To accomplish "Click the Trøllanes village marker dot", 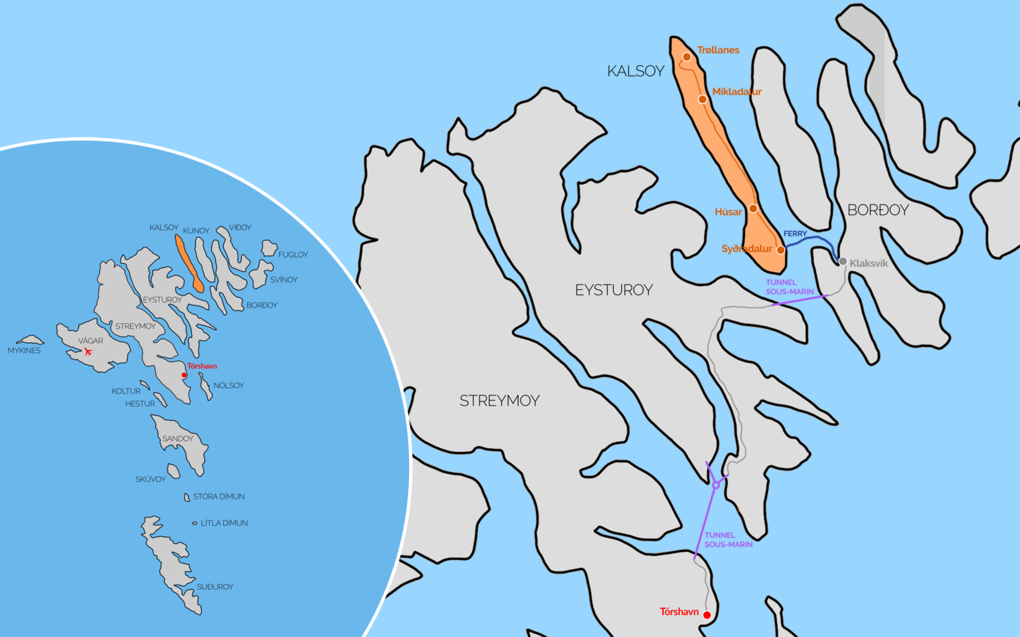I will pyautogui.click(x=687, y=57).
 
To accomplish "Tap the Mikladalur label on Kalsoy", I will pyautogui.click(x=736, y=92).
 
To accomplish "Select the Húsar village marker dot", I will pyautogui.click(x=753, y=208).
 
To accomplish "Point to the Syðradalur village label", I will pyautogui.click(x=746, y=249).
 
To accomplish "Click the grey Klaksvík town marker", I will pyautogui.click(x=843, y=261).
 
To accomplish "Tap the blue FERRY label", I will pyautogui.click(x=795, y=234).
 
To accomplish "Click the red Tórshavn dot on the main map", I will pyautogui.click(x=707, y=615).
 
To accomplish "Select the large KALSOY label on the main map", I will pyautogui.click(x=636, y=71).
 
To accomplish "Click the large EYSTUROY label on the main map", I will pyautogui.click(x=614, y=290).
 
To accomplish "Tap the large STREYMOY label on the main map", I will pyautogui.click(x=499, y=401).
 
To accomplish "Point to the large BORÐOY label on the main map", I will pyautogui.click(x=878, y=210).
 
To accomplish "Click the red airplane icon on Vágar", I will pyautogui.click(x=88, y=352).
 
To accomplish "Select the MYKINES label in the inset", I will pyautogui.click(x=24, y=350).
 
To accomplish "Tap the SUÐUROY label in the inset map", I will pyautogui.click(x=214, y=587).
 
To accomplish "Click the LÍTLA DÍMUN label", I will pyautogui.click(x=224, y=523).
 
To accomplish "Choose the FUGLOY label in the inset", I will pyautogui.click(x=293, y=255).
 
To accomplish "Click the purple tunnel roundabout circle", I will pyautogui.click(x=716, y=485).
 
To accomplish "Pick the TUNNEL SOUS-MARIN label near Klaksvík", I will pyautogui.click(x=789, y=287).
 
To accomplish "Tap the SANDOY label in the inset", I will pyautogui.click(x=177, y=439).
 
